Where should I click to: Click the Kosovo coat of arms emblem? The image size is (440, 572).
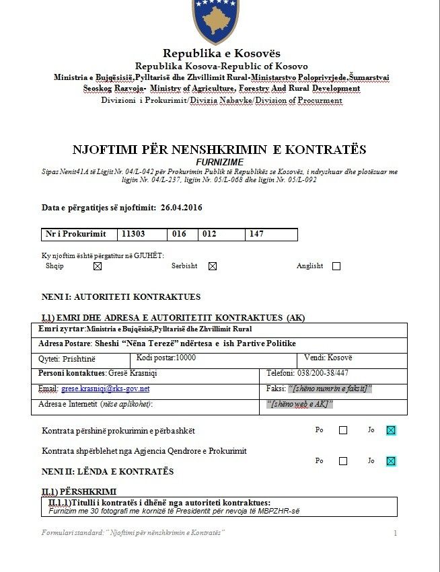tap(216, 20)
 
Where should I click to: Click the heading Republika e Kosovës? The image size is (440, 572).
tap(221, 54)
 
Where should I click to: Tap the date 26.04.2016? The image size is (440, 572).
tap(182, 208)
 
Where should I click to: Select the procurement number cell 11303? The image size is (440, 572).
tap(133, 234)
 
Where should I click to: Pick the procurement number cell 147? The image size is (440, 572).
tap(256, 234)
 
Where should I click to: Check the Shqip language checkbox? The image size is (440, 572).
tap(98, 266)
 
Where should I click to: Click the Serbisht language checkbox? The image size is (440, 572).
tap(213, 266)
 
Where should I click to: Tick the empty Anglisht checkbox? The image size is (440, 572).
tap(336, 266)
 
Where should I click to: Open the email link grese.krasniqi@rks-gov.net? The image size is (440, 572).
tap(105, 389)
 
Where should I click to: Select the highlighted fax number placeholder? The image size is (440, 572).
tap(330, 389)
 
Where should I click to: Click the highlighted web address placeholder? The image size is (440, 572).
tap(300, 404)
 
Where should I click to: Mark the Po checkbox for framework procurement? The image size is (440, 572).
tap(343, 430)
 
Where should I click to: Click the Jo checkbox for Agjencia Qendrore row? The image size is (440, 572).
tap(391, 461)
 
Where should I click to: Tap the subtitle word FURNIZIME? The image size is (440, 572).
tap(219, 163)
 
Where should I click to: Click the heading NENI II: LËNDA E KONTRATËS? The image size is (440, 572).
tap(108, 471)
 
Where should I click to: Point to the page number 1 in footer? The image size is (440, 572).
tap(396, 533)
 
